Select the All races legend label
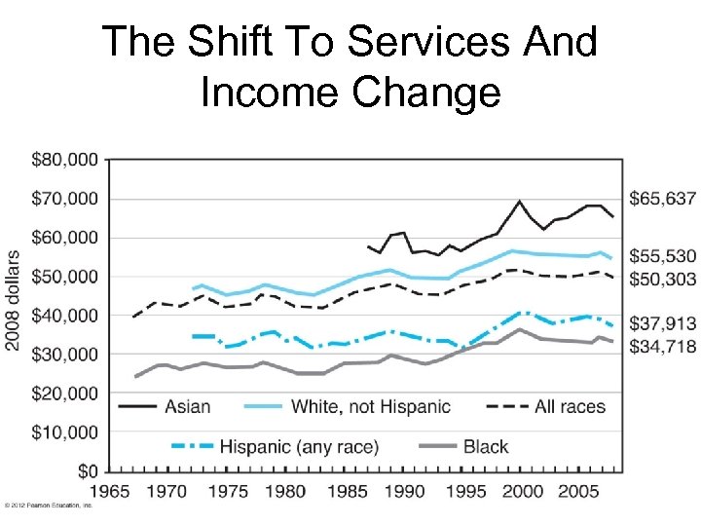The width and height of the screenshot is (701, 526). (x=570, y=406)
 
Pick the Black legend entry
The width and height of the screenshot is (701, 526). (x=486, y=447)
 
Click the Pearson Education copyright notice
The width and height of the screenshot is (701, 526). (x=49, y=506)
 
